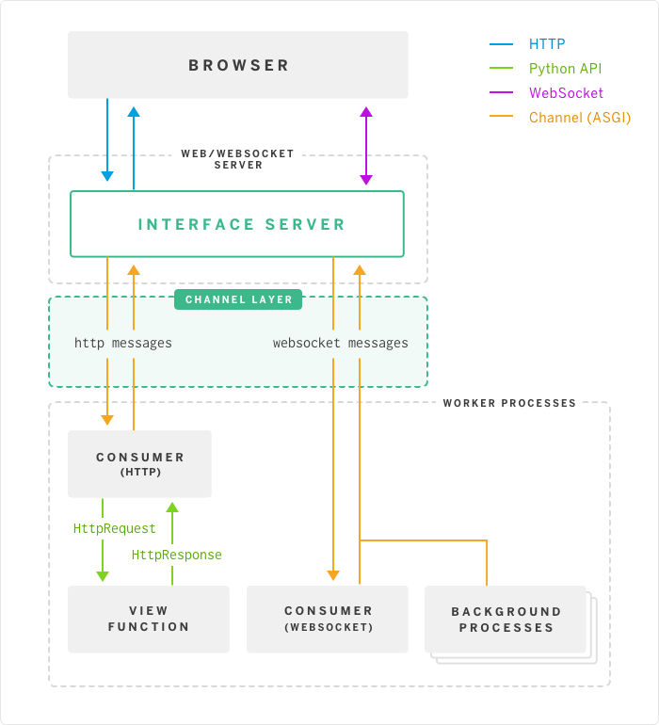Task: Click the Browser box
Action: tap(238, 65)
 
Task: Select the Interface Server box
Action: tap(237, 224)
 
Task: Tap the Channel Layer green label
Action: tap(238, 299)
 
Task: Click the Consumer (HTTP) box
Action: tap(139, 464)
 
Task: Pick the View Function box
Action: tap(149, 619)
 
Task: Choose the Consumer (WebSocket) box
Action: tap(328, 619)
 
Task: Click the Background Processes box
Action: tap(506, 619)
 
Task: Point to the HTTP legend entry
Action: tap(547, 43)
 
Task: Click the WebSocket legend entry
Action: tap(566, 93)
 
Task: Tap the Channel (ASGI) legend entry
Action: tap(579, 118)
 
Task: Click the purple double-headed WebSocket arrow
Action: tap(366, 145)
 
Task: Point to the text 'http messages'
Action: tap(123, 344)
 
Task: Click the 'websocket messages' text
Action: tap(341, 344)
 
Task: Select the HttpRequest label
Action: tap(115, 529)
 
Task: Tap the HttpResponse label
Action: tap(177, 555)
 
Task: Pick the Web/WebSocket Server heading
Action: tap(237, 158)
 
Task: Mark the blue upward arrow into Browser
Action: tap(134, 149)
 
